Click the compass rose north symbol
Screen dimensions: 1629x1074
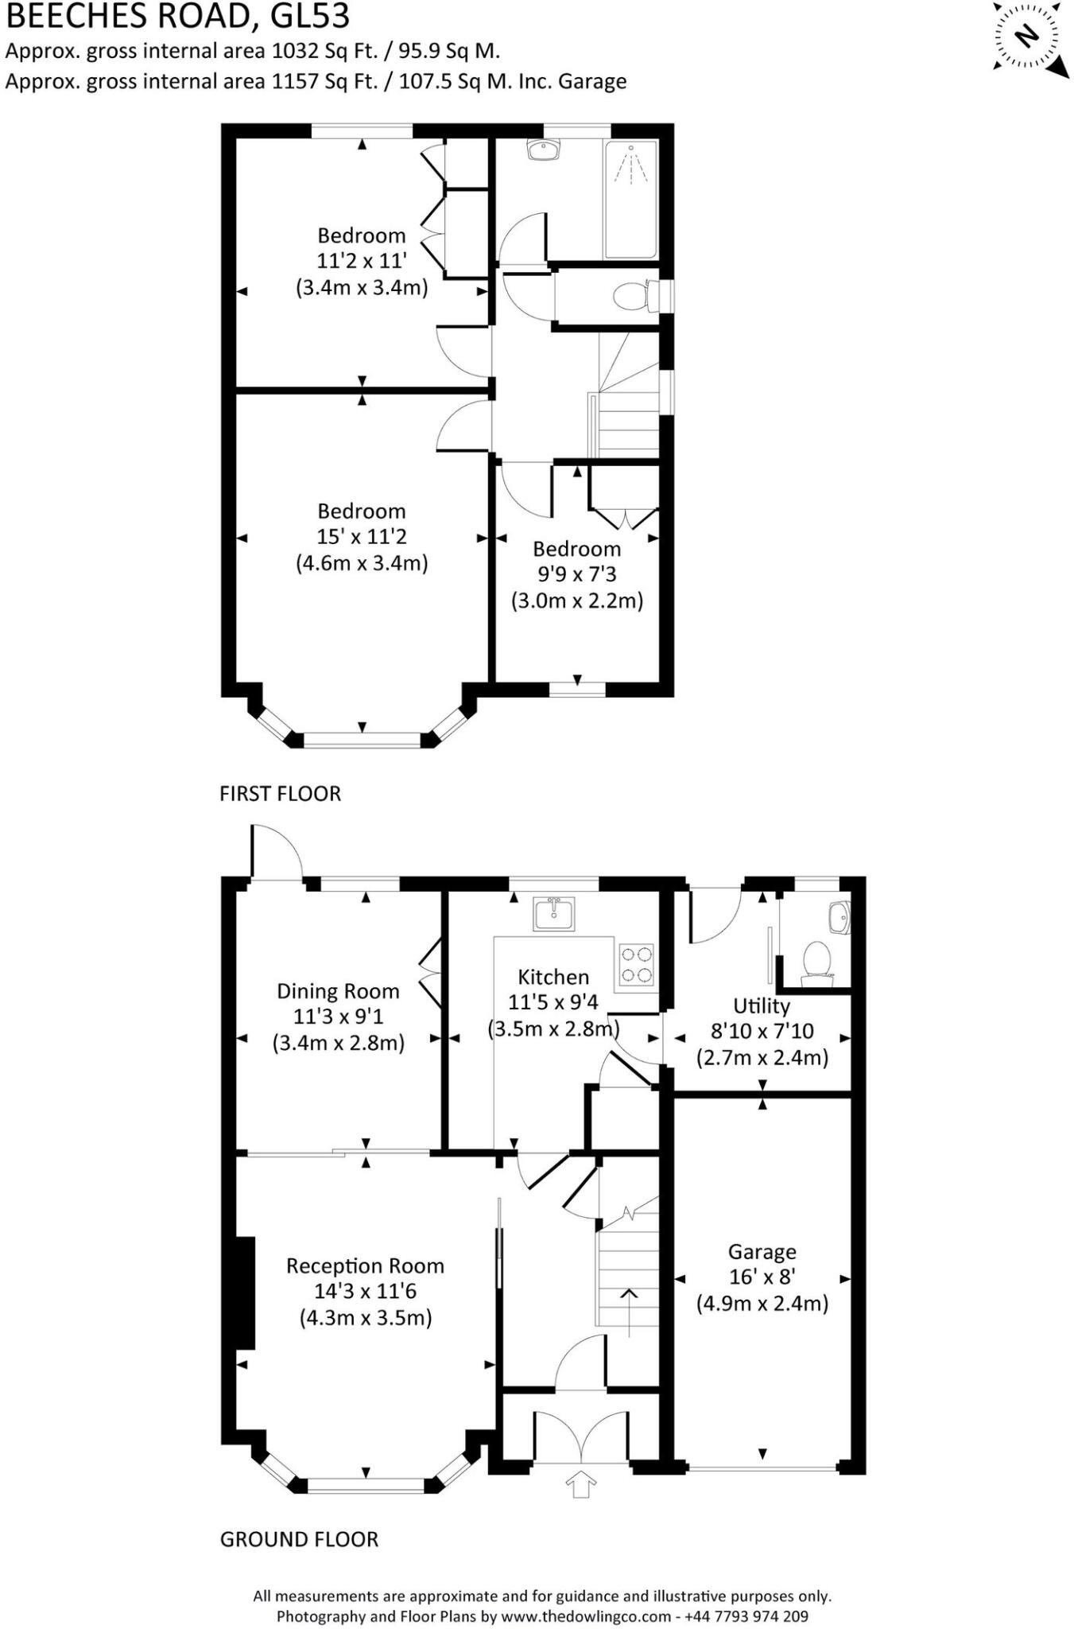pos(1027,36)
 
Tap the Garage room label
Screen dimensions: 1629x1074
pos(762,1252)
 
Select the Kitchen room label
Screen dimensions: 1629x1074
pos(553,977)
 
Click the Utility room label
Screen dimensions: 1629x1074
pos(762,1005)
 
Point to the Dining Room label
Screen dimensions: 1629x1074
pos(338,991)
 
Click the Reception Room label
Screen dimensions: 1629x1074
pos(365,1265)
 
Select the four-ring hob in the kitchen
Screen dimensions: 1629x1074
pos(637,964)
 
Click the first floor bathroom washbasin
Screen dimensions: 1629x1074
pos(545,150)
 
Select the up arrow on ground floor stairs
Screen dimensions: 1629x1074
pos(629,1312)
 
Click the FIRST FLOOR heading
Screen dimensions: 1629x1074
pos(280,794)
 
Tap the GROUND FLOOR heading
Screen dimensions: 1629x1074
pos(299,1539)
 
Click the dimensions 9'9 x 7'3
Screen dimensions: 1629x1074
pos(576,574)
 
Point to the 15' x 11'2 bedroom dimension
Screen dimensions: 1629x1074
pos(362,537)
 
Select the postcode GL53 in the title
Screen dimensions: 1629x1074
pos(307,16)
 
